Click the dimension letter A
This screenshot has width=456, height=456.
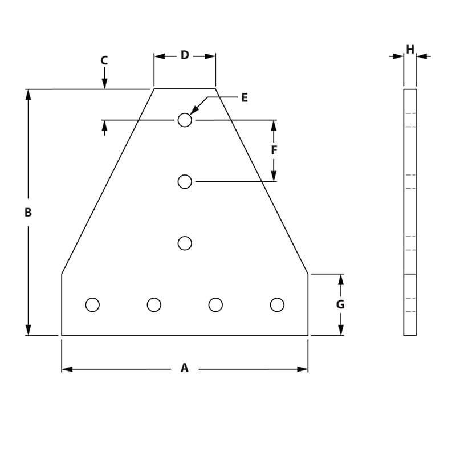point(184,368)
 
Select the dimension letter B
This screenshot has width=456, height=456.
point(28,213)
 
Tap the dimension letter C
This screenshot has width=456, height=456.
point(104,60)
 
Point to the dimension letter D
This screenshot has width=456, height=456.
point(185,55)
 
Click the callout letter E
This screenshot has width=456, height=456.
point(244,97)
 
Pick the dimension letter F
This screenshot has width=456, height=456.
point(274,150)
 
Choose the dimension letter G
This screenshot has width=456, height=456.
point(340,304)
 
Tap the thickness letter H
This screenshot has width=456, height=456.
point(410,50)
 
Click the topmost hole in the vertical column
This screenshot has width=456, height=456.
point(185,120)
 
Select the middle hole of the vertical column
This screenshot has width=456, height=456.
point(185,182)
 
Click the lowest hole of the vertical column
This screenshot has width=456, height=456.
point(185,243)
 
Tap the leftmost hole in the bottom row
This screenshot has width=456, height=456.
point(92,305)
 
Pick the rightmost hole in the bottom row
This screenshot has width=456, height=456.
point(277,305)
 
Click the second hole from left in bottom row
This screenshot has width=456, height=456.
point(154,305)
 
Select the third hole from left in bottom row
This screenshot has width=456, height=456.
point(215,305)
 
